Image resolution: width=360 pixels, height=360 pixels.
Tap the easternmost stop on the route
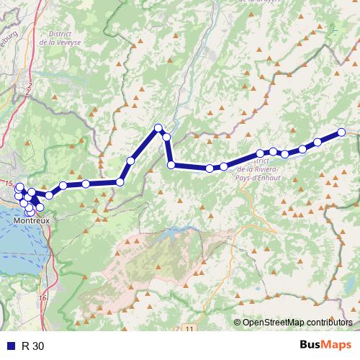point(341,132)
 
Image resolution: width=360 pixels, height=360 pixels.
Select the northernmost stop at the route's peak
point(158,128)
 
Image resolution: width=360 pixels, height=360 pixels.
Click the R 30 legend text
point(32,346)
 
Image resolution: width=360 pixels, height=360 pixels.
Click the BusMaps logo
point(325,345)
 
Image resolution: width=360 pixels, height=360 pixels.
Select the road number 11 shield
point(189,328)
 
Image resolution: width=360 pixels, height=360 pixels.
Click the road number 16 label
point(42,297)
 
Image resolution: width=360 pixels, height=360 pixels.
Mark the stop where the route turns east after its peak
point(171,165)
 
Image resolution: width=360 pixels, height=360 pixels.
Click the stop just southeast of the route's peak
point(166,137)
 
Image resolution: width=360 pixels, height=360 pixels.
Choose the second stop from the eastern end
point(317,142)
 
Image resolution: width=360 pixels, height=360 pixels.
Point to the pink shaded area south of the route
point(158,266)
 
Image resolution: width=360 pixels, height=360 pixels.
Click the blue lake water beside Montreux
point(14,245)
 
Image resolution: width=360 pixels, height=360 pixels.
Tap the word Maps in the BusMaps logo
point(337,345)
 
